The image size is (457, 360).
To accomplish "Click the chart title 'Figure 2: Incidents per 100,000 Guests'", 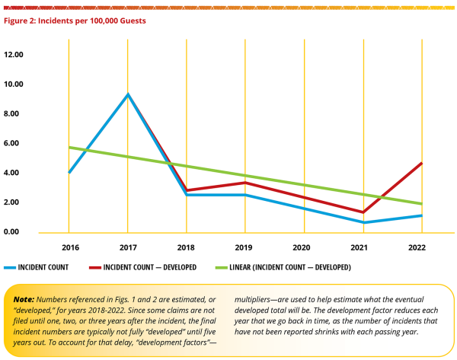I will pos(75,21).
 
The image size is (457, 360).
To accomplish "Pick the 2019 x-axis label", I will pos(245,247).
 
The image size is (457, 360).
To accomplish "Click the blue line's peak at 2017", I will pos(128,94).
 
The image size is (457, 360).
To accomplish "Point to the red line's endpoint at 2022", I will pos(421,163).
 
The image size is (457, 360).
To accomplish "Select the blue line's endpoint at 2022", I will pos(421,215).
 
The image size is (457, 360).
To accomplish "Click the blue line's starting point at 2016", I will pos(69,172).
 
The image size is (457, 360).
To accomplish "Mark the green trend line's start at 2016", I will pos(69,147).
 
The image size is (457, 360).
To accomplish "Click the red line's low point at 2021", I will pos(363,212).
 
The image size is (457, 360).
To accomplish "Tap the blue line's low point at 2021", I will pos(363,222).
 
